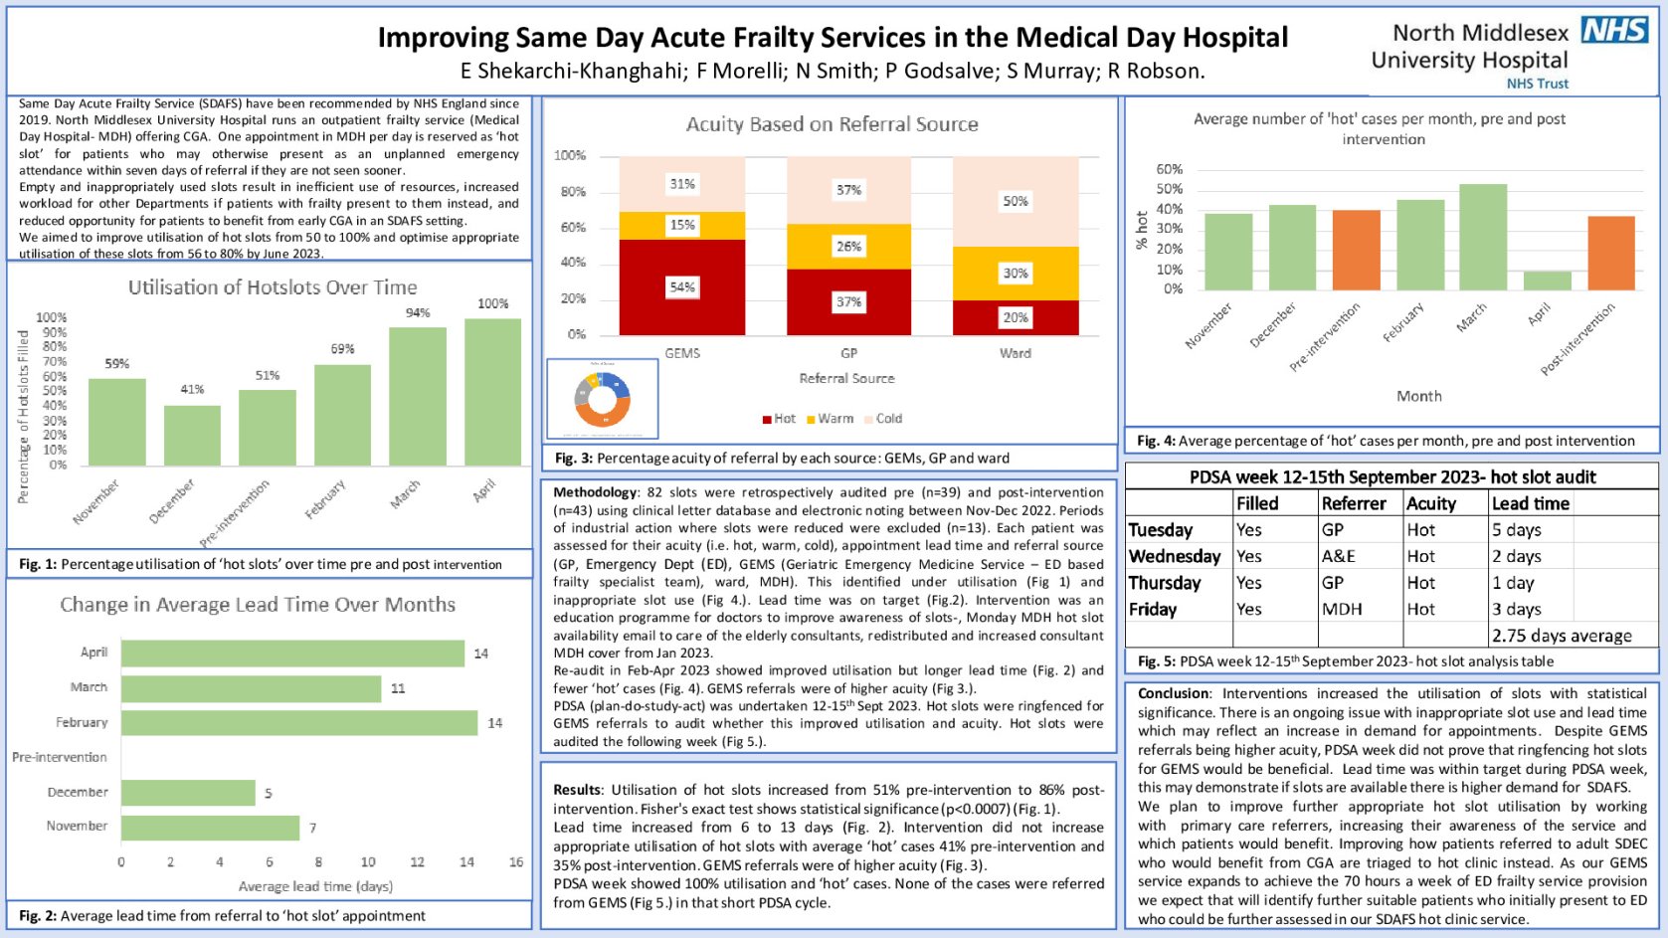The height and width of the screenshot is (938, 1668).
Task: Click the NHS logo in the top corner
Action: pos(1614,31)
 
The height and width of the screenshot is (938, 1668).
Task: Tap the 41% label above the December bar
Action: pos(192,389)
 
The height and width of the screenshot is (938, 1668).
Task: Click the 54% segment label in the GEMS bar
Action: pos(682,287)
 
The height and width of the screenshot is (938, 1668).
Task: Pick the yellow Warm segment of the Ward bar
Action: pos(1016,274)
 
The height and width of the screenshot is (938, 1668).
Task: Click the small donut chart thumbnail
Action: pos(602,399)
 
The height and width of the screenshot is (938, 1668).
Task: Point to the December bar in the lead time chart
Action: pos(188,793)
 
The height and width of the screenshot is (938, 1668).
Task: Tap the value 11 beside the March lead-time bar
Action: pos(398,688)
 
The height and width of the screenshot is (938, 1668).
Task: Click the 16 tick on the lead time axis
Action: pos(516,862)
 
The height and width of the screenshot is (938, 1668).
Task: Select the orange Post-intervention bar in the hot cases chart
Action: pos(1610,253)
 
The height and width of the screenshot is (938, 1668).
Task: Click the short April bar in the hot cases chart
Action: pos(1547,281)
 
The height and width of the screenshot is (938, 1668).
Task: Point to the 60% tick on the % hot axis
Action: pos(1170,169)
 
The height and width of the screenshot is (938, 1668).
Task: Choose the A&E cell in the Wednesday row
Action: pos(1339,557)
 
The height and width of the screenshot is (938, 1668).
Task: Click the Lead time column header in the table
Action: pos(1531,503)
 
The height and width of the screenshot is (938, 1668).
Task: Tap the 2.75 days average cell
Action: pos(1562,636)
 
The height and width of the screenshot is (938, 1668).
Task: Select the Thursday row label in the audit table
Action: pos(1165,583)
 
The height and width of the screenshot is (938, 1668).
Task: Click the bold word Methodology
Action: pos(595,492)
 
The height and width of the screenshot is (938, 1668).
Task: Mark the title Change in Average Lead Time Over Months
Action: pos(258,605)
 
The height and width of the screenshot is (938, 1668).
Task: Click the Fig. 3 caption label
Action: pos(574,459)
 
